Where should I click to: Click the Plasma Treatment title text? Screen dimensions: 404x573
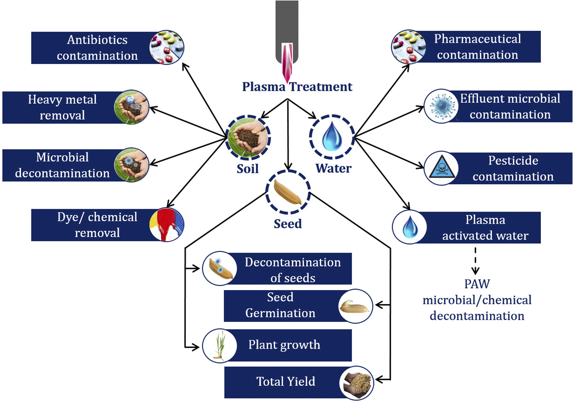(297, 87)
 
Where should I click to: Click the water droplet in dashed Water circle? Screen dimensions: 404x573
(332, 137)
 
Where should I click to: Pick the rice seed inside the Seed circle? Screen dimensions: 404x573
(287, 192)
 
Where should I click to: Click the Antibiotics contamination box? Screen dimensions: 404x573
(97, 48)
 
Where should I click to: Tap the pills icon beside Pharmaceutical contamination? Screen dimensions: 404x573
(408, 47)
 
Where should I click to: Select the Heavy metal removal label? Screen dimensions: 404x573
(62, 107)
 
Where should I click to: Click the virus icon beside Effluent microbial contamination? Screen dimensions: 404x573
(441, 106)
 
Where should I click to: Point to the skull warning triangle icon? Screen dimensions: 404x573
(441, 168)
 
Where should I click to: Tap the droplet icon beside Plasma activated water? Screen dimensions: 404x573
(409, 227)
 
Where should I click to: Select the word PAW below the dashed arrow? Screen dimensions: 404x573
(477, 284)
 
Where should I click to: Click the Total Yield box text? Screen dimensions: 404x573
(286, 381)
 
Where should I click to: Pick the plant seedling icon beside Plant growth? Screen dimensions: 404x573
(220, 345)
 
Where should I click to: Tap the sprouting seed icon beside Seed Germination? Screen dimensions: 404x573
(355, 306)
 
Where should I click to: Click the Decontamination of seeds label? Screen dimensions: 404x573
(293, 270)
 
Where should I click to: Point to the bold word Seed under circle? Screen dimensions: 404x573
(287, 224)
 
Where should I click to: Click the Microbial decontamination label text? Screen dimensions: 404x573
(62, 165)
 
